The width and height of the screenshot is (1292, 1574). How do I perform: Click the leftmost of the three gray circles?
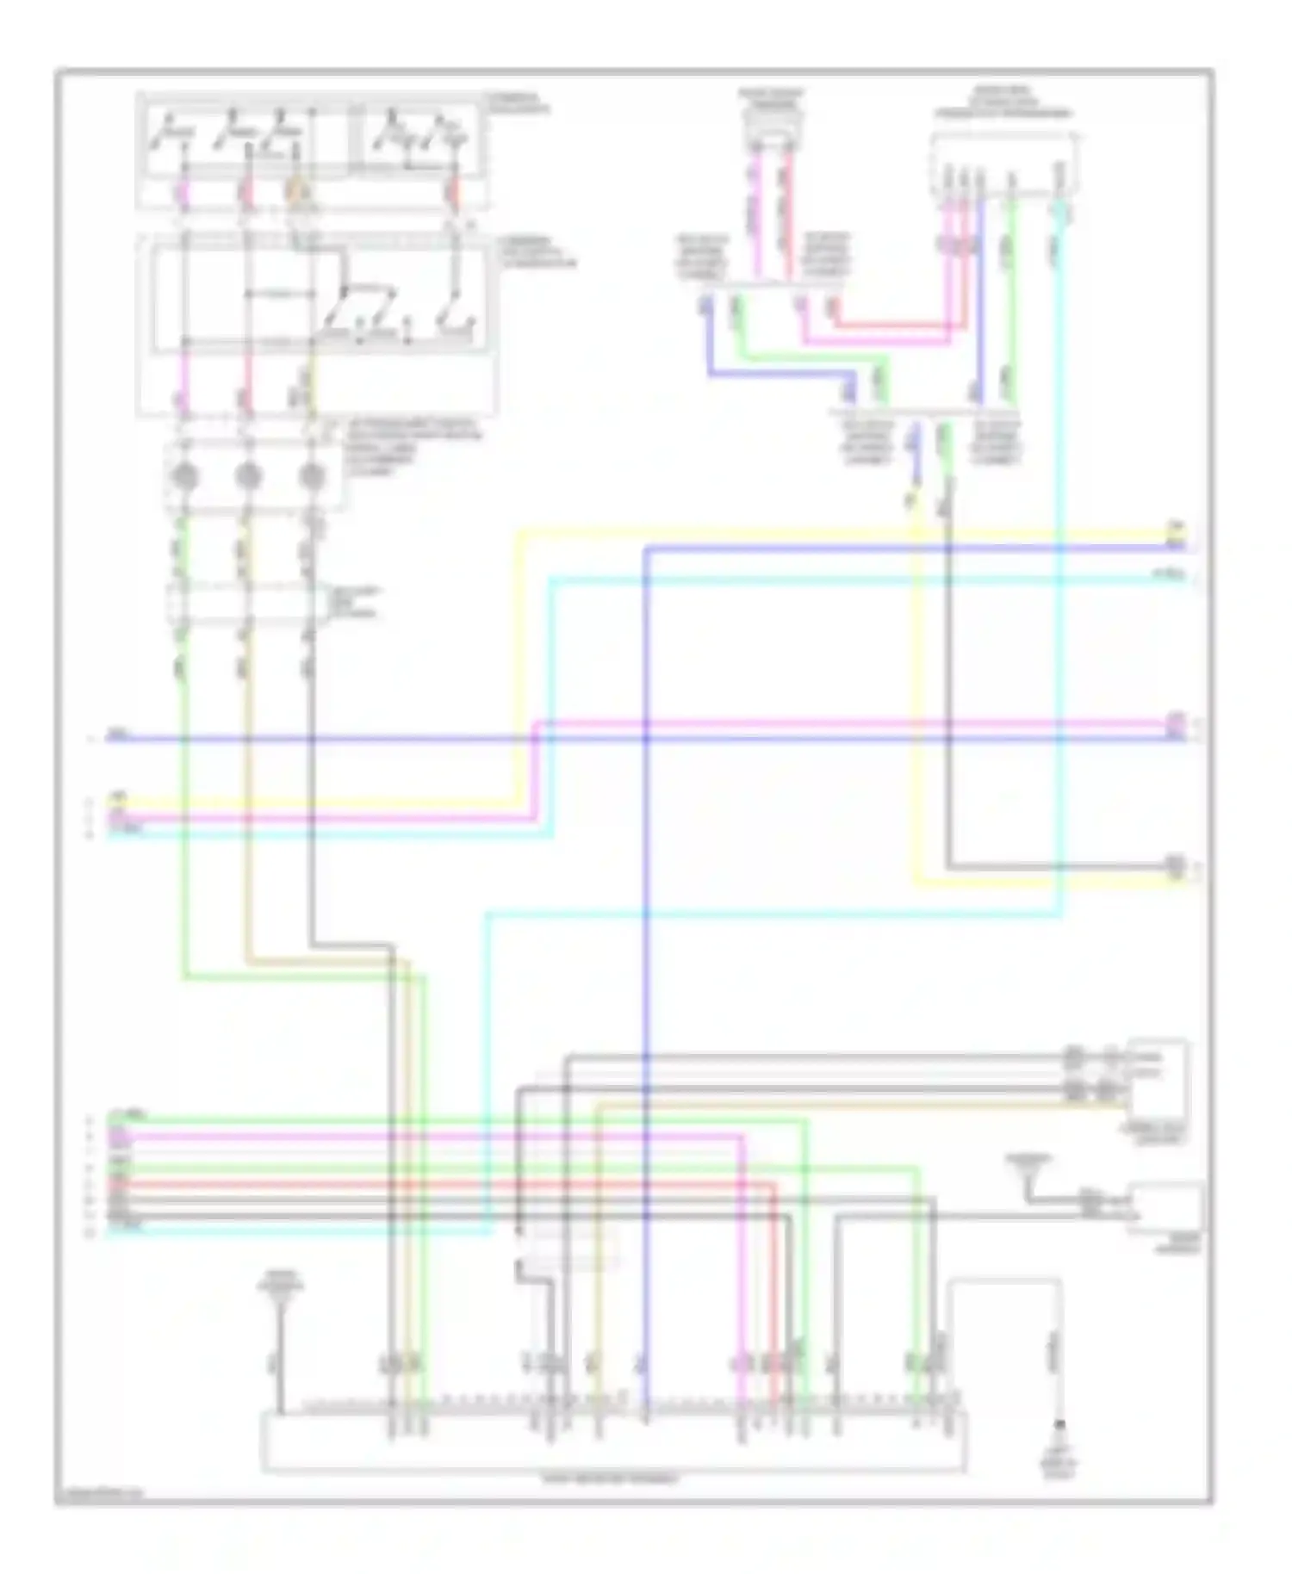coord(183,476)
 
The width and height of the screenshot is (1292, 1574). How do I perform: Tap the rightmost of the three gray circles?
coord(312,476)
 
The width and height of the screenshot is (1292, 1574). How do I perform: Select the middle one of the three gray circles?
coord(248,476)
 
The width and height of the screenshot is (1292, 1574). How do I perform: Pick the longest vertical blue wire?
coord(646,947)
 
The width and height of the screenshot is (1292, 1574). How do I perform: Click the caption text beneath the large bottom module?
coord(612,1480)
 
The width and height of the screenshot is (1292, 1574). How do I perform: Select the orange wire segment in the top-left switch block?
coord(298,191)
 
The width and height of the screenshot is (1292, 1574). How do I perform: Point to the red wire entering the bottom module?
coord(774,1292)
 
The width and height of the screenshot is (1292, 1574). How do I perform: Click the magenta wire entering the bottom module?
coord(742,1292)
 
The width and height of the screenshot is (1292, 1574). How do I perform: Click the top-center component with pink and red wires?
coord(772,129)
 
